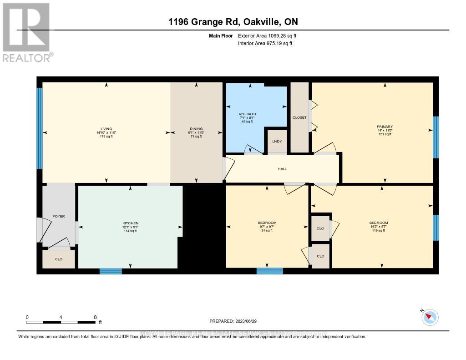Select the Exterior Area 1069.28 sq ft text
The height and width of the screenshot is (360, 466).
coord(267,35)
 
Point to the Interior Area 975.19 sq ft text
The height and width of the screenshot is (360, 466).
coord(265,44)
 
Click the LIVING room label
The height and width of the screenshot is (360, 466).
coord(106,129)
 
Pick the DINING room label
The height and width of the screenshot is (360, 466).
coord(196,129)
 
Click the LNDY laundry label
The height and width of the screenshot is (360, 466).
coord(277,141)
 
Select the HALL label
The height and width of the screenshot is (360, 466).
coord(282,169)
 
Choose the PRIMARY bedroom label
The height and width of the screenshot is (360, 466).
coord(385,127)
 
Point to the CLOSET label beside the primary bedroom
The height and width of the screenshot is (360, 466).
coord(299,117)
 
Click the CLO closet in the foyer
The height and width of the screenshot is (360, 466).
coord(59,259)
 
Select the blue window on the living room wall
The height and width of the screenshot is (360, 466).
coord(40,128)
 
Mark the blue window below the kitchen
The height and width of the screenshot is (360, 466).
coord(111,271)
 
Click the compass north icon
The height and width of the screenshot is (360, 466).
coord(430,317)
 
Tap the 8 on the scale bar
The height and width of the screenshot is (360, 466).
coord(95,317)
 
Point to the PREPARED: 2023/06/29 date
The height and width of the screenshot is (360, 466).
coord(233,321)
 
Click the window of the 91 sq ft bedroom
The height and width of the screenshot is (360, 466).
coord(269,271)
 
